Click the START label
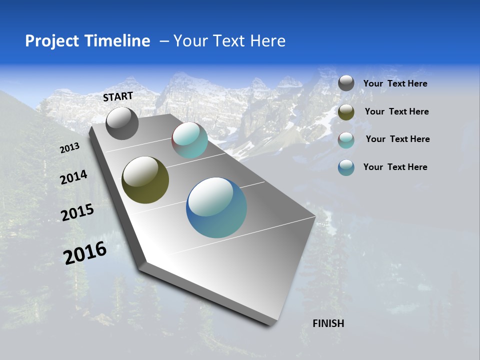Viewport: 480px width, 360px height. point(118,96)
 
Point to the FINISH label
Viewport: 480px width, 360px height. point(328,323)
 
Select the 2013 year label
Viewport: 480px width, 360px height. point(70,148)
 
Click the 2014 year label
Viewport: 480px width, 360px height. point(73,177)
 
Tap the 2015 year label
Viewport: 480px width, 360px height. point(77,212)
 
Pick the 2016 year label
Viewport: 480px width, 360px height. point(85,253)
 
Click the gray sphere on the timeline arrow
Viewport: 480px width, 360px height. point(122,123)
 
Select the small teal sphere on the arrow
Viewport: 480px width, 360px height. point(189,140)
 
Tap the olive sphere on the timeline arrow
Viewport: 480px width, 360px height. point(145,180)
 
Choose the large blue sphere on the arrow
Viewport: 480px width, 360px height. point(216,207)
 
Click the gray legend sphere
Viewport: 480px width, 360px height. point(346,83)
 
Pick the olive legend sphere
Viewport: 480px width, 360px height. point(346,112)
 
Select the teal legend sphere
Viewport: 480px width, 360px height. point(346,140)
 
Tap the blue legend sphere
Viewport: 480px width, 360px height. point(346,167)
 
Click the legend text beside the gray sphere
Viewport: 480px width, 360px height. point(395,84)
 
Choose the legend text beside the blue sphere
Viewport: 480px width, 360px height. point(395,167)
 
